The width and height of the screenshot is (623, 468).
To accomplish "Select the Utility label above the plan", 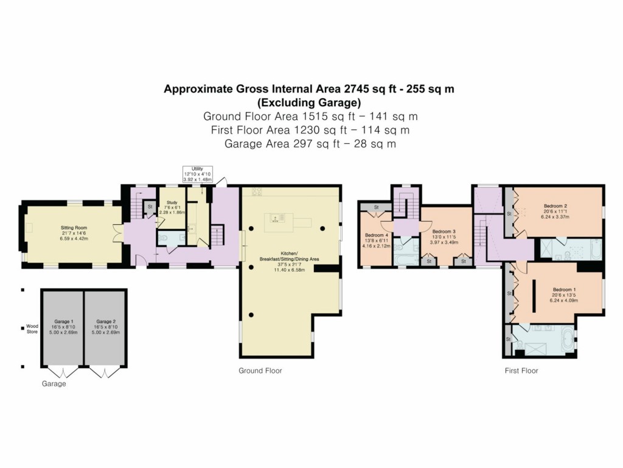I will (197, 169).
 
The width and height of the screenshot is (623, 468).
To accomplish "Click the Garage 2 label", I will (105, 321).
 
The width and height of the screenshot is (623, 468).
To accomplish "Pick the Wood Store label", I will (32, 328).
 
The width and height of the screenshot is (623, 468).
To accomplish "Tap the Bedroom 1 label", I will (562, 290).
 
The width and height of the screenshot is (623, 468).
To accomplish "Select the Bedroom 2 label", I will (554, 206).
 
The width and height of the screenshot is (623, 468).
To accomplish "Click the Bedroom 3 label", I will (444, 232).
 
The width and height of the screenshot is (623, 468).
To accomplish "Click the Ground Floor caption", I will (260, 370).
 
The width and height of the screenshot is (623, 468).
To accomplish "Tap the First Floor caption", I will (521, 370).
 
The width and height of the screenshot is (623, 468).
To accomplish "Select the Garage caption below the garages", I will (54, 384).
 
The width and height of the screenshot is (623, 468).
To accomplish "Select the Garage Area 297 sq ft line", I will (310, 144).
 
